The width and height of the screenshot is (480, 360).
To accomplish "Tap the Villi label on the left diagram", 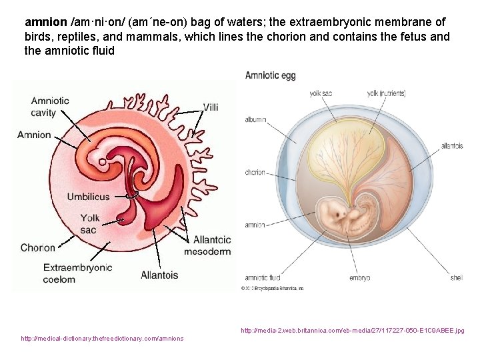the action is [211, 107].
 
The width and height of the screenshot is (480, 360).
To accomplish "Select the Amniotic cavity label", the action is [50, 107].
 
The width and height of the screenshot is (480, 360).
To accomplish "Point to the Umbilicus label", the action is [88, 197].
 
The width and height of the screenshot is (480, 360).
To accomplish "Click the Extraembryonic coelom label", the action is [78, 273].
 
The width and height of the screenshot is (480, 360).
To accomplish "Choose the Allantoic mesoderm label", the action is [211, 245].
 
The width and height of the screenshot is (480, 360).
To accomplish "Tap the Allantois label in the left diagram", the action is [159, 275].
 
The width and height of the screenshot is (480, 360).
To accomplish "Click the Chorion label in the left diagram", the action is [38, 247].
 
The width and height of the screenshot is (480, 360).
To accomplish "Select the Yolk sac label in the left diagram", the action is [90, 223].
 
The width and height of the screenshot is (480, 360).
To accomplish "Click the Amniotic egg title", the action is [270, 75].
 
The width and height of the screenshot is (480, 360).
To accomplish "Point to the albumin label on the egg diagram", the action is [255, 120].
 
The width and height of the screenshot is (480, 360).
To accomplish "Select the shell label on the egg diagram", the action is [456, 277].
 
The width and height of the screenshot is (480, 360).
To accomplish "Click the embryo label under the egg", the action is [359, 277].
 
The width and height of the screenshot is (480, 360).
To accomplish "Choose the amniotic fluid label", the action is [263, 277].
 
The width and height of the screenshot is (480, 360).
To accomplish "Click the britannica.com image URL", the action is [353, 330].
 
